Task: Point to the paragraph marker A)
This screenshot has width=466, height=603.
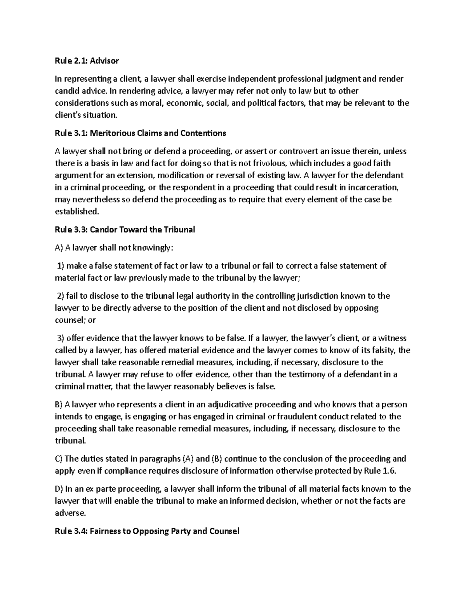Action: point(59,248)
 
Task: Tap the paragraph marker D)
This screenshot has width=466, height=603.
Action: point(59,489)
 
